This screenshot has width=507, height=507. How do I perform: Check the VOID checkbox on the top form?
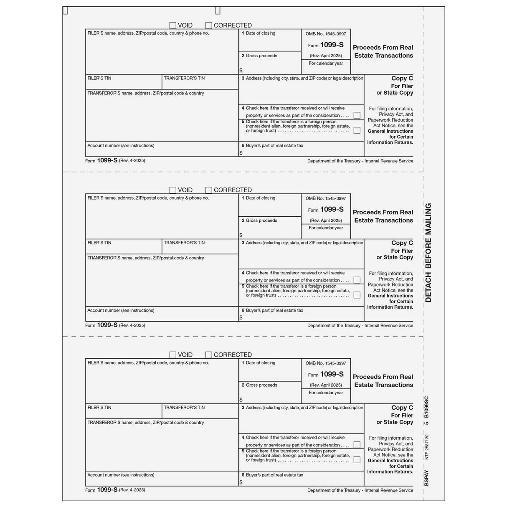(x=172, y=25)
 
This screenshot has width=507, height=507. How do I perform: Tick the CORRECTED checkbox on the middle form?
(x=209, y=190)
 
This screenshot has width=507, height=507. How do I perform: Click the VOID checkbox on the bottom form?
(x=172, y=355)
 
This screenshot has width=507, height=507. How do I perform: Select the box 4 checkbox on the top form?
(x=357, y=115)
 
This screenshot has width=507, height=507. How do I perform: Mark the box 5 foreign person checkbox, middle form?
(x=357, y=295)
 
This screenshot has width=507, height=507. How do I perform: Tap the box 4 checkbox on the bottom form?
(x=357, y=445)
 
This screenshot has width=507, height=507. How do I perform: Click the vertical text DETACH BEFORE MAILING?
(x=428, y=253)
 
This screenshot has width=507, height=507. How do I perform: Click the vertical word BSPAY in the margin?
(x=426, y=479)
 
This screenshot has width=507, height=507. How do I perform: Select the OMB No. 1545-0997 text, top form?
(x=326, y=34)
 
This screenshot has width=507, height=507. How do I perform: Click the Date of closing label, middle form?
(x=260, y=198)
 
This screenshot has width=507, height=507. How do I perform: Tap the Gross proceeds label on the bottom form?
(x=261, y=385)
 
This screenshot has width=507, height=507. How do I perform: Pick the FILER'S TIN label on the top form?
(x=99, y=78)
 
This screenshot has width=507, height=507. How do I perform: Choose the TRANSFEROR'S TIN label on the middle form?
(x=184, y=243)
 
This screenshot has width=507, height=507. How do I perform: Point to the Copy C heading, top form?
(x=402, y=78)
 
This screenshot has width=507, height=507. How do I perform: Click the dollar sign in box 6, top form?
(x=241, y=153)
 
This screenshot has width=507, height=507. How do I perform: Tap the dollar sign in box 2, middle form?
(x=241, y=235)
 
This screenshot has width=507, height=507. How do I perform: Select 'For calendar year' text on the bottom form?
(x=326, y=393)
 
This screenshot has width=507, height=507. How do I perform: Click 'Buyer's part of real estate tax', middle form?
(x=274, y=310)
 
